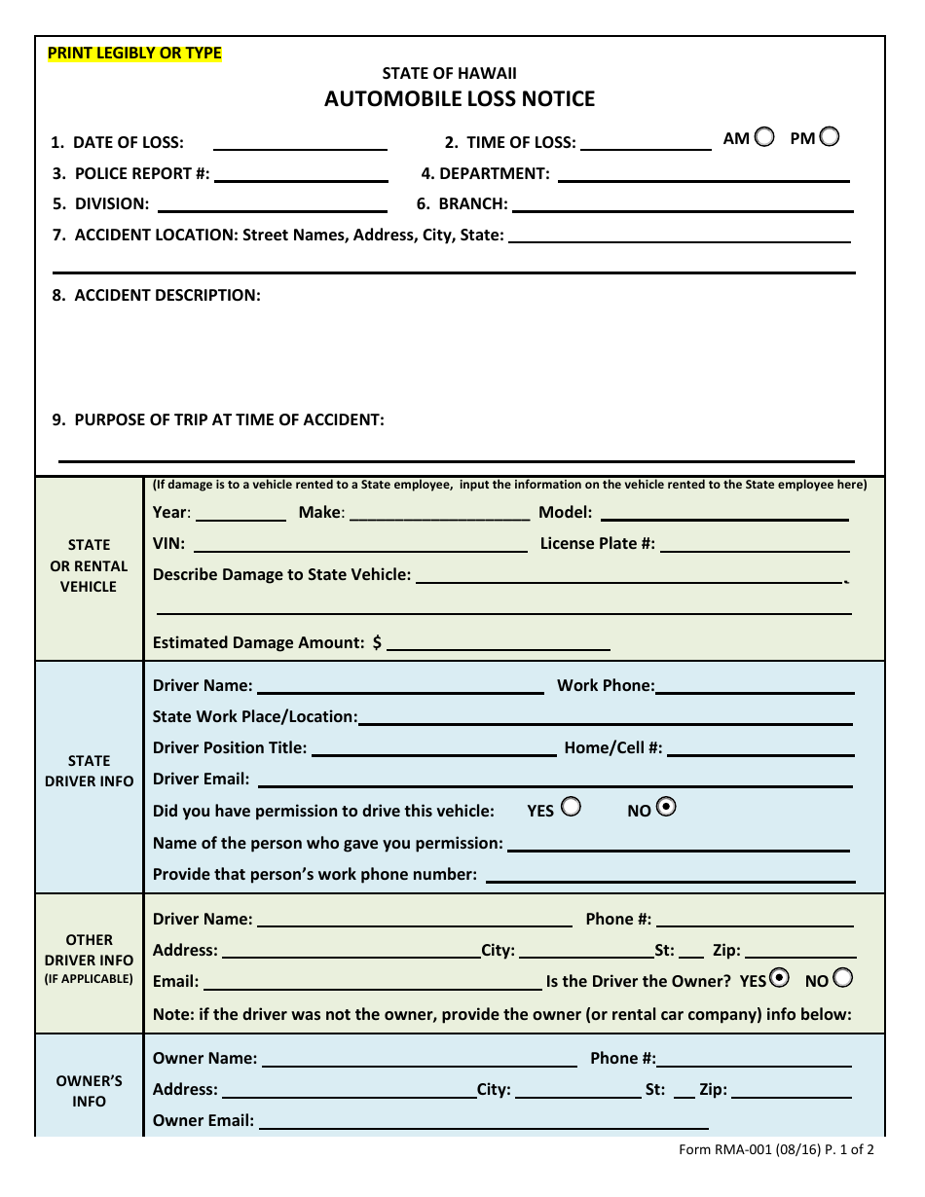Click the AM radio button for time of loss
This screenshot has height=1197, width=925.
point(764,137)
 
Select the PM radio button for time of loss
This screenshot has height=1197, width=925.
point(829,137)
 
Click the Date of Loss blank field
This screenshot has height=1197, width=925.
point(300,142)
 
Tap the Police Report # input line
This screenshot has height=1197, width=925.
point(300,173)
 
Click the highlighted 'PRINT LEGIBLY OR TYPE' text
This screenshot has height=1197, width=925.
point(134,54)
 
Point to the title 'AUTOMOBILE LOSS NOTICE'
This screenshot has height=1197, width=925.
point(460,98)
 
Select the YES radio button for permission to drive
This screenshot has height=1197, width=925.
point(571,807)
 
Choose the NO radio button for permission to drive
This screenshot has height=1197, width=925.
point(667,807)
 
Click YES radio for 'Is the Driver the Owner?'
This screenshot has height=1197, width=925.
point(779,977)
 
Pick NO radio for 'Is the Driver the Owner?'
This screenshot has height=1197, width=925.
point(843,977)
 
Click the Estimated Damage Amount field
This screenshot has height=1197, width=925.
point(498,642)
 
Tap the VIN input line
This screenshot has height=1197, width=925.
point(361,543)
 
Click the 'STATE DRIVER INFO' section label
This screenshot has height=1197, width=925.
point(89,771)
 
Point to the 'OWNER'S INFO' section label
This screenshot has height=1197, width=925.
point(89,1091)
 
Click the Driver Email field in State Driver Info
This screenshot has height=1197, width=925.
point(555,779)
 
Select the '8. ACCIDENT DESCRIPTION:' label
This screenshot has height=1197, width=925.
point(156,295)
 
